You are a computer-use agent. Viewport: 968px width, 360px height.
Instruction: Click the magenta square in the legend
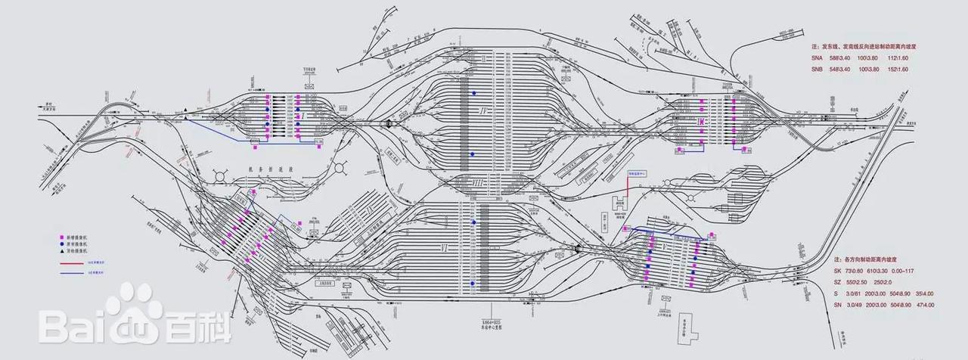63,237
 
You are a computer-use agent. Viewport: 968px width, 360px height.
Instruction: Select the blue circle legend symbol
63,245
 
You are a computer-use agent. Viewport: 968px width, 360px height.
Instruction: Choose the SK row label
816,270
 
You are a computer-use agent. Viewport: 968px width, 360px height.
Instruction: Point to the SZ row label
816,281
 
